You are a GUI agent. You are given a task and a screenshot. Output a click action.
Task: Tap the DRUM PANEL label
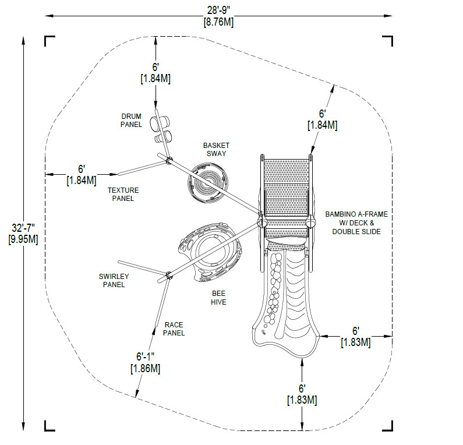tap(131, 120)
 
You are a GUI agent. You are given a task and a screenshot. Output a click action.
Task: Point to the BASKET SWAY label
tap(216, 149)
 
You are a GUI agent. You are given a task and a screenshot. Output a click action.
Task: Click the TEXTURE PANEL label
tap(121, 194)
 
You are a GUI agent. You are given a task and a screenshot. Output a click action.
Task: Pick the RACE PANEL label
tap(174, 329)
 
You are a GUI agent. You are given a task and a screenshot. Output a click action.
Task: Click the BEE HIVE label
tap(218, 298)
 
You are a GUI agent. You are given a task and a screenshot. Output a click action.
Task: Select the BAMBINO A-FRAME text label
tap(356, 214)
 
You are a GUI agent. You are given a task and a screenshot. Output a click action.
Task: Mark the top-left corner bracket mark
tap(50, 41)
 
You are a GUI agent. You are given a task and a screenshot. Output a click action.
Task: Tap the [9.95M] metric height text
tap(23, 239)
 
